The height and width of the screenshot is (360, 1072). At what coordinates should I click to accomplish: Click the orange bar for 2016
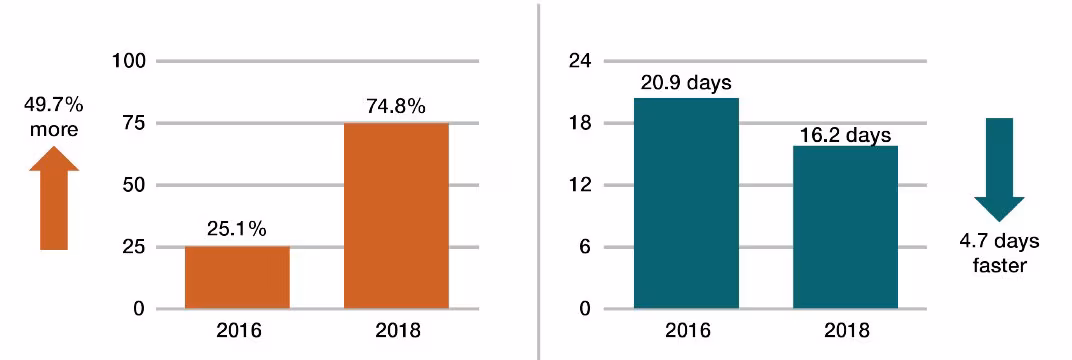237,277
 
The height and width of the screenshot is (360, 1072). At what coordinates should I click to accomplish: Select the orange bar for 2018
396,215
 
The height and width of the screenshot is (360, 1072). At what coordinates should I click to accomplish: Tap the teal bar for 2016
686,203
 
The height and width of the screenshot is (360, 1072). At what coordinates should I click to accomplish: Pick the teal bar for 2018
845,227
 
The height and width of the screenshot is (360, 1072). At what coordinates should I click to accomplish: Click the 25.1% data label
238,230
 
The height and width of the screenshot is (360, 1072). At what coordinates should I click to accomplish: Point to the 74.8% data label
396,105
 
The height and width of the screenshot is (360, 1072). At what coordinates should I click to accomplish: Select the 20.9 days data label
687,82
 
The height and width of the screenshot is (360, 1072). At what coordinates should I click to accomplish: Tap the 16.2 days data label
845,134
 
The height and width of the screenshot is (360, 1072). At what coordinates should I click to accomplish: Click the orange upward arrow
54,197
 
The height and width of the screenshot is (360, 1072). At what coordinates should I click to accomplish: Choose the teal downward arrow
999,168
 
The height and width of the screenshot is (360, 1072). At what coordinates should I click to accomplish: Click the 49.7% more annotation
54,116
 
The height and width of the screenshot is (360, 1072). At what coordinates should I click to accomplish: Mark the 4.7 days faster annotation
999,254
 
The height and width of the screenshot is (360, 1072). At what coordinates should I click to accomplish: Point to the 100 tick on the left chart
130,62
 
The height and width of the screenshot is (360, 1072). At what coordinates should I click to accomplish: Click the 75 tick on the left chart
134,124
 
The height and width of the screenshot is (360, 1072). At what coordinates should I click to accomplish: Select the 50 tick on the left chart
134,186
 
